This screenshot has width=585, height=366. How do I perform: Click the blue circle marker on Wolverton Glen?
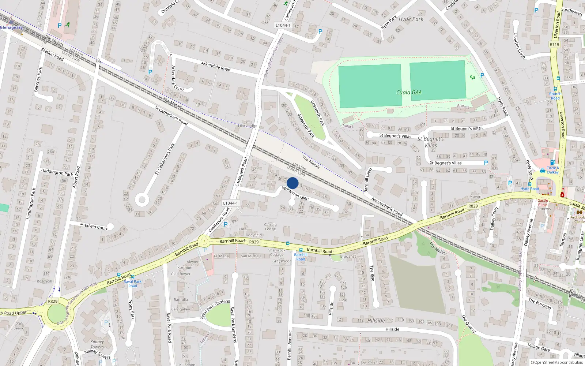coord(292,183)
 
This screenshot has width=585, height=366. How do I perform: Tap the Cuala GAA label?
coord(409,93)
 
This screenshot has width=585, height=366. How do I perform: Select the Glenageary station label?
coord(11,27)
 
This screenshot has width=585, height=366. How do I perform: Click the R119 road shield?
coord(554,44)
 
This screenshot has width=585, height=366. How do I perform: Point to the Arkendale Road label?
coord(216,66)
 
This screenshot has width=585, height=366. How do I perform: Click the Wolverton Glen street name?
coord(295,193)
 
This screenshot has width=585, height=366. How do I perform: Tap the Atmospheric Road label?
coord(387,206)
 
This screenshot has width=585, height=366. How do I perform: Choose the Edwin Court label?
coord(96,227)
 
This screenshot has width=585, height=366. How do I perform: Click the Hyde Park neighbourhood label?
coord(411,19)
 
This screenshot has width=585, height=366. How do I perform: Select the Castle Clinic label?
coord(543,202)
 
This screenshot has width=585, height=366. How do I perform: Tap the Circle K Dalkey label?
coord(552,170)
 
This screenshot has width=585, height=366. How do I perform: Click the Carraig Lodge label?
coord(270,227)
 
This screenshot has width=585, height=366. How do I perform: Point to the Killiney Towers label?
coord(97,344)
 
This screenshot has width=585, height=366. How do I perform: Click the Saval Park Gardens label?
coord(233,324)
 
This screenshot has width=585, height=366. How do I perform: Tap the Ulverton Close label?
coord(519,45)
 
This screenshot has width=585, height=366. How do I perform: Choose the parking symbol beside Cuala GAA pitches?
coord(482,75)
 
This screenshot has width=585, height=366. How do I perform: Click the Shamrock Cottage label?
coord(277,253)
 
